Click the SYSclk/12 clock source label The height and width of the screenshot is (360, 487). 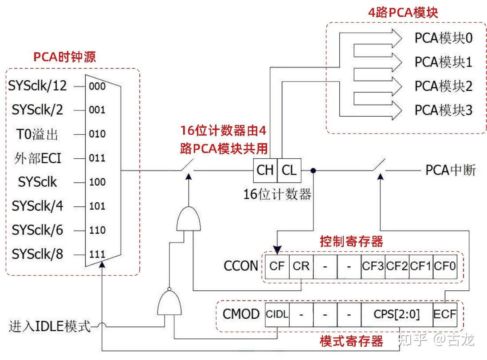[x=37, y=86]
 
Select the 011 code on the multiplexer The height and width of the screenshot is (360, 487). [x=97, y=158]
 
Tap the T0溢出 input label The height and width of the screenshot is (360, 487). [x=38, y=134]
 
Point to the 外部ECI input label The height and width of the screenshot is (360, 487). [x=37, y=158]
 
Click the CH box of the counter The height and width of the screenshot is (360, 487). [x=265, y=170]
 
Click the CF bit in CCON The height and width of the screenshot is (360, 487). [x=277, y=266]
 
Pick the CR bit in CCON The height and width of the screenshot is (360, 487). [x=301, y=266]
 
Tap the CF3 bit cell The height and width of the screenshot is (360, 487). [x=373, y=266]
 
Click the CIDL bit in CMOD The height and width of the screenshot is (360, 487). [x=277, y=314]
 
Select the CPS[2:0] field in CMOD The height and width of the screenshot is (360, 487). [x=397, y=314]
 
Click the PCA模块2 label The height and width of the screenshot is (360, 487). [x=444, y=86]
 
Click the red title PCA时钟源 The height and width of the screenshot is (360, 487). [x=65, y=57]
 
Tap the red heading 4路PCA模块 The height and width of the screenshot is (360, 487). [x=403, y=12]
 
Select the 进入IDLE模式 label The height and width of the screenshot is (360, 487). [x=50, y=327]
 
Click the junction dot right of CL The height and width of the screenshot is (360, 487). [x=313, y=170]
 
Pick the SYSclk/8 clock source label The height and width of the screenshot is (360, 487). [x=37, y=254]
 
